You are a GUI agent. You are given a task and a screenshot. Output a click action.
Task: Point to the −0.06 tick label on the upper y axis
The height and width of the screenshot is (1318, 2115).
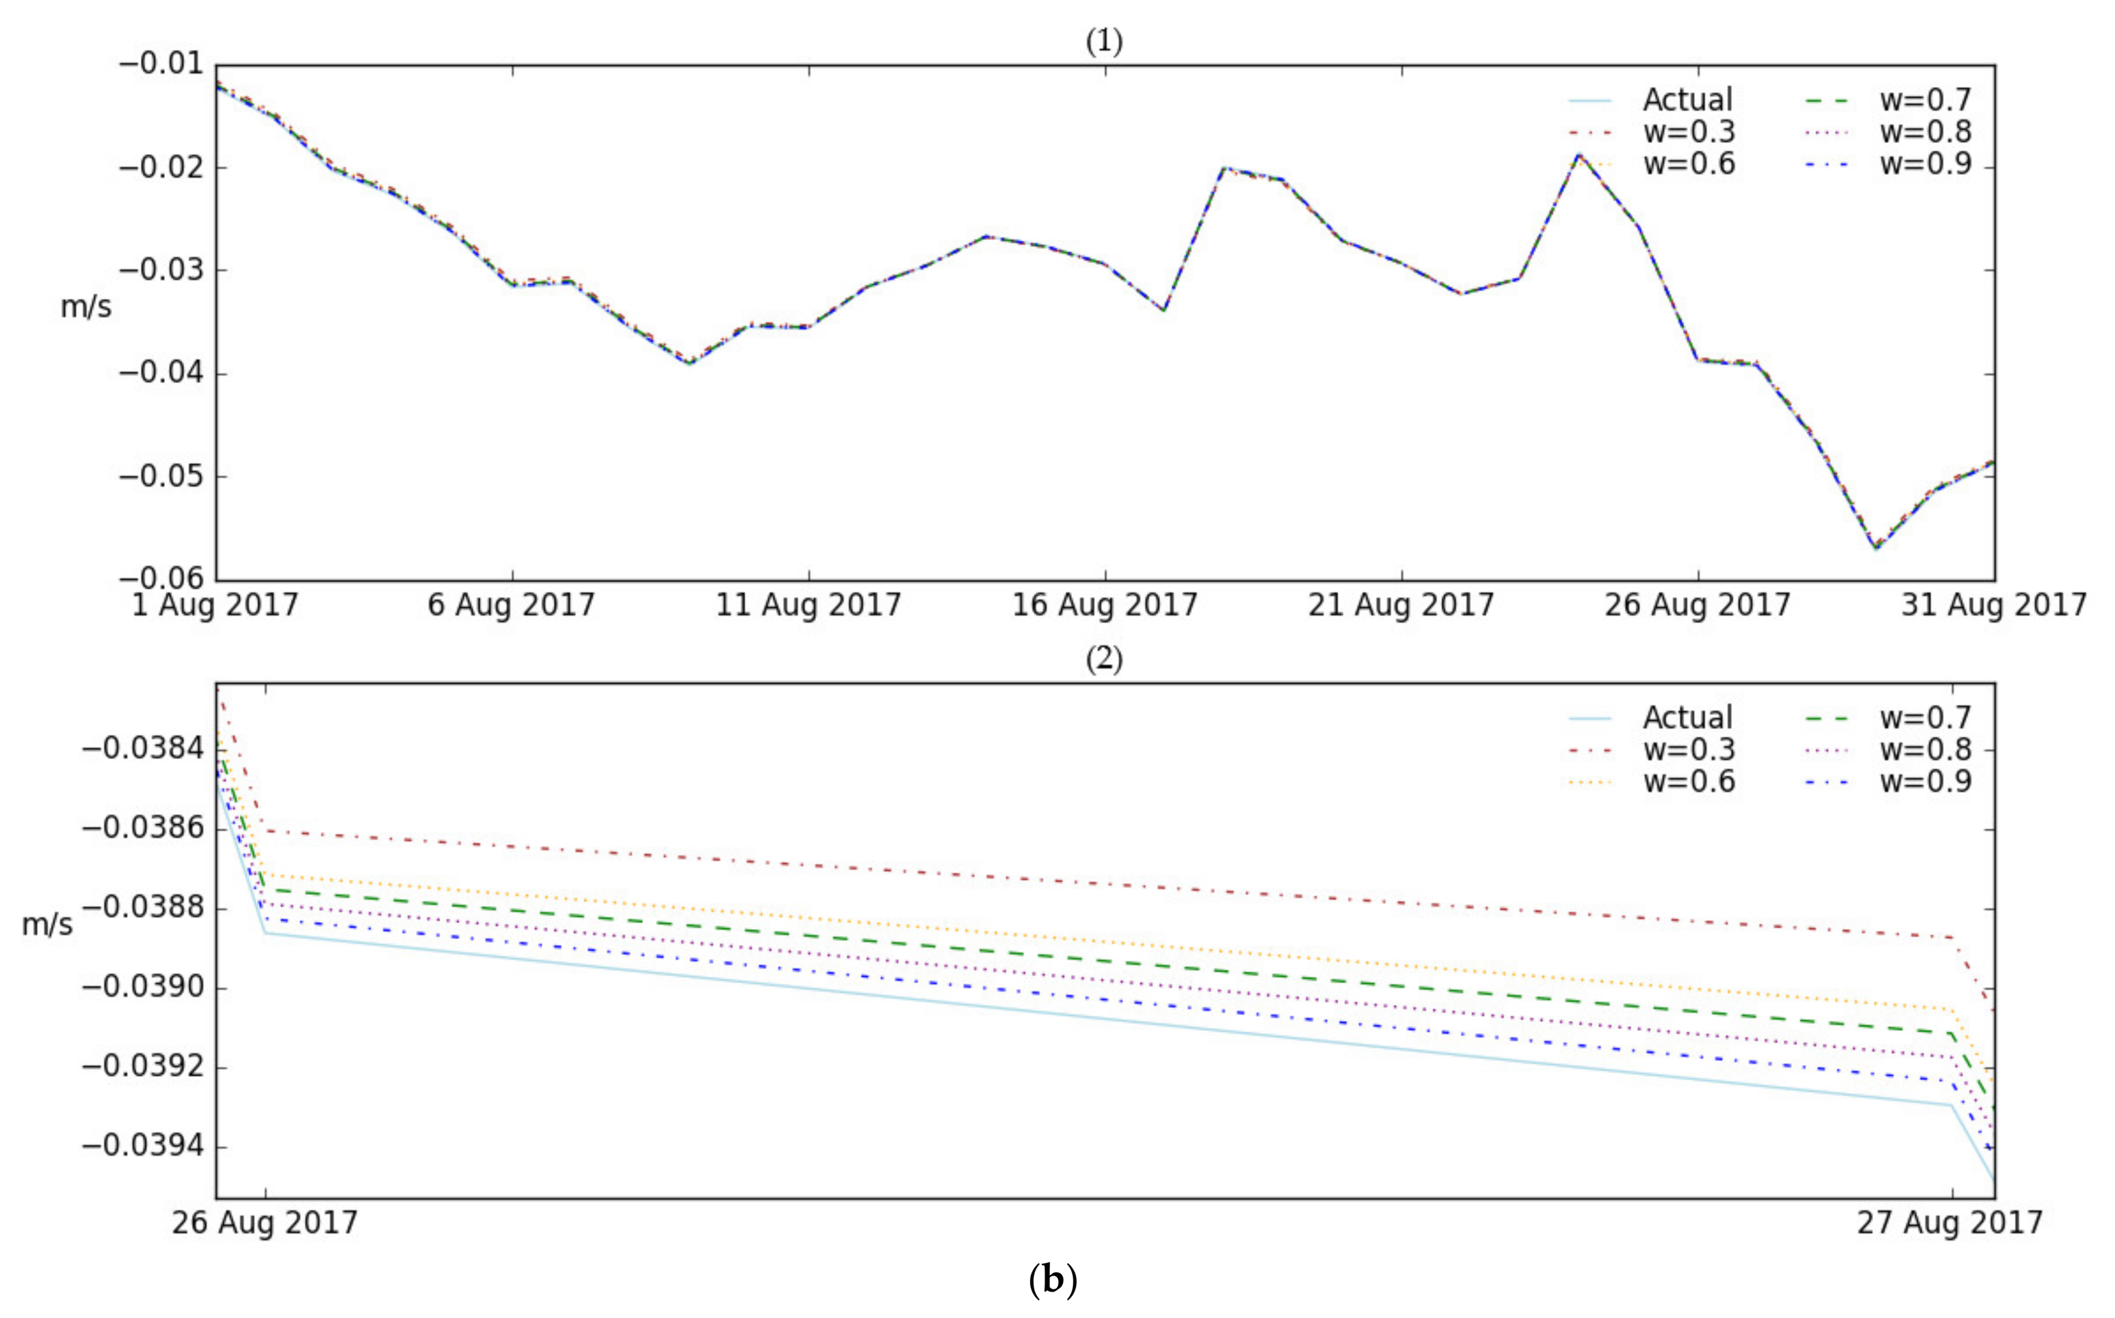[x=160, y=579]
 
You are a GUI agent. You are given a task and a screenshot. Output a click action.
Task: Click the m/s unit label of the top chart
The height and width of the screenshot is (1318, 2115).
[x=85, y=307]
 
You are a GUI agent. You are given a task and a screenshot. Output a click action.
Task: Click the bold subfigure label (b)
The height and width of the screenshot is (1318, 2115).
[x=1053, y=1280]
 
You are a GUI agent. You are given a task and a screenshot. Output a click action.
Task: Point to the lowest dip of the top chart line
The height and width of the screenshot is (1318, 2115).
[x=1875, y=547]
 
